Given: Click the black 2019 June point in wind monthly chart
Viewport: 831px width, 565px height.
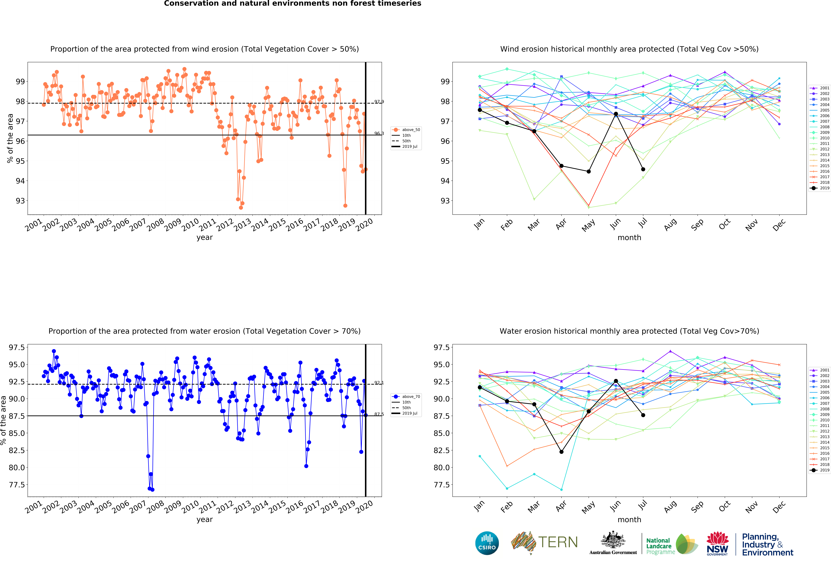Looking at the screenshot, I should (x=616, y=114).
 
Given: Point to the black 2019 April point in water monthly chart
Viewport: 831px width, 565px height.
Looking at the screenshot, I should (x=561, y=452).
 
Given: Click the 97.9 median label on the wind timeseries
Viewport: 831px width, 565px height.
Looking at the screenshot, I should (x=379, y=102).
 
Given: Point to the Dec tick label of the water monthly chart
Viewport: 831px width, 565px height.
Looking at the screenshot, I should (x=779, y=507).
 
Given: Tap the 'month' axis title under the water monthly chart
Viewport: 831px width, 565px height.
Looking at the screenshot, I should (x=629, y=520).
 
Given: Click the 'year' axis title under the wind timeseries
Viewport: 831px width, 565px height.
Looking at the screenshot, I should (x=205, y=237).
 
